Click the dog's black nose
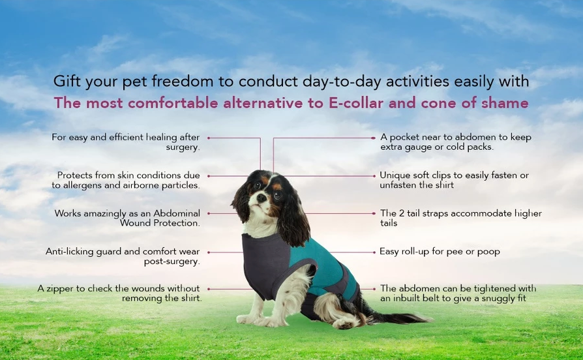coord(262,198)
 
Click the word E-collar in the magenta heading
coord(355,103)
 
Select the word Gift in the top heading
coord(67,82)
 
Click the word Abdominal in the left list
coord(177,213)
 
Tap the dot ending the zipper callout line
coord(209,289)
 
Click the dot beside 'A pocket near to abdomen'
coord(373,138)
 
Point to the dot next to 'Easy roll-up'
coord(374,252)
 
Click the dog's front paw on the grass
coord(247,319)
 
